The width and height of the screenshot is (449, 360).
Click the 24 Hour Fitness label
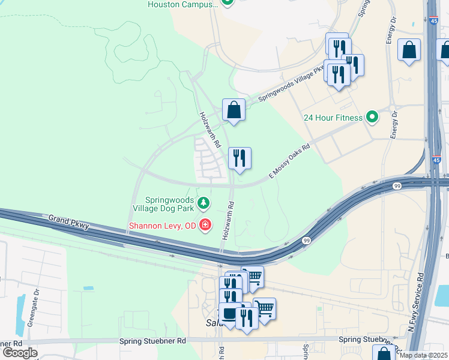333,118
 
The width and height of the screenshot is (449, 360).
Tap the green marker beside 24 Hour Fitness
372,118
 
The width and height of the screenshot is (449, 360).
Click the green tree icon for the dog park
204,203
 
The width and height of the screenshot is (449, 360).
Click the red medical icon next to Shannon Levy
205,226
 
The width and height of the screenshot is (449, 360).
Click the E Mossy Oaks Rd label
289,161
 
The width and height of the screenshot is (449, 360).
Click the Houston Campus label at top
182,4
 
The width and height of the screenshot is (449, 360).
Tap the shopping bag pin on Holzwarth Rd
234,110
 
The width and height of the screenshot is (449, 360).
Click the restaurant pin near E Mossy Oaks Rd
240,159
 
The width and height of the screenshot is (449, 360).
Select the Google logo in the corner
19,353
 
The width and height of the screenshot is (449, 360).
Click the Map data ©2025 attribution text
423,355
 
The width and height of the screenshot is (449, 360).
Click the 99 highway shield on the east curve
306,240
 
